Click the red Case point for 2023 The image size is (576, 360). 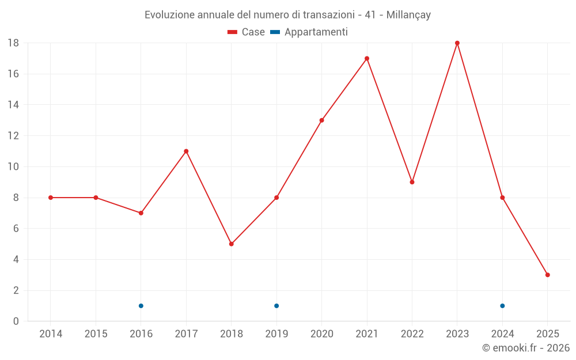click(457, 43)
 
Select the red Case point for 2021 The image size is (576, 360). click(367, 59)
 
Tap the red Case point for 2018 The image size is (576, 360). click(232, 244)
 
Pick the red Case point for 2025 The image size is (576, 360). click(548, 275)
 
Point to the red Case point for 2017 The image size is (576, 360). click(186, 151)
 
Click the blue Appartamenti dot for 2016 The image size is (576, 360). click(141, 306)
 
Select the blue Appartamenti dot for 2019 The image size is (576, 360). click(276, 306)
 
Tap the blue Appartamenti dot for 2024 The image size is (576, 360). click(502, 306)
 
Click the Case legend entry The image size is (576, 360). click(246, 32)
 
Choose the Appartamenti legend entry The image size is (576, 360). click(309, 32)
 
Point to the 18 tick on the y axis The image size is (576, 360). click(13, 43)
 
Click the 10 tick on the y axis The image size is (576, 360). click(13, 167)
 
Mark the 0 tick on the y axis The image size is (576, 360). click(16, 321)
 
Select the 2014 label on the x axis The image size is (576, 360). click(51, 334)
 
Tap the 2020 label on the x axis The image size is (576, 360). click(321, 334)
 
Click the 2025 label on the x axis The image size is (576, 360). click(548, 334)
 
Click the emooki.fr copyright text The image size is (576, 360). click(526, 348)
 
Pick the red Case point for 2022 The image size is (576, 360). click(412, 182)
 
